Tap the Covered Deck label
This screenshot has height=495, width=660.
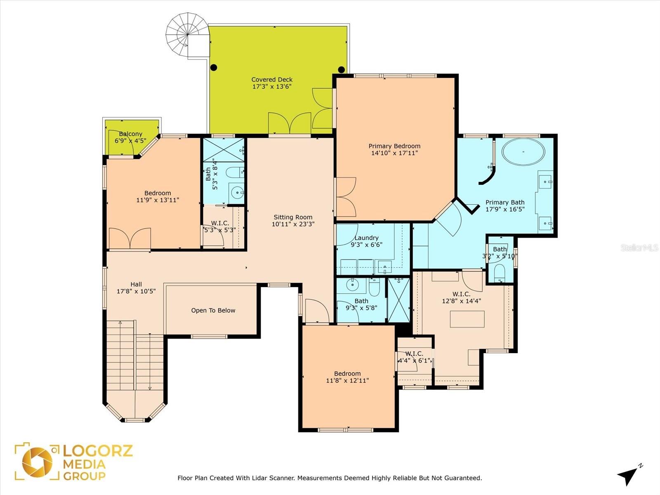point(272,80)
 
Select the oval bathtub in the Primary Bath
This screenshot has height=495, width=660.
point(523,152)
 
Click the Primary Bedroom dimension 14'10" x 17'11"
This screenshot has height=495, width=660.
point(394,153)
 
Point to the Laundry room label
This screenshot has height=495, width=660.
point(366,238)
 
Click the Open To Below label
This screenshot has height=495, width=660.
point(213,311)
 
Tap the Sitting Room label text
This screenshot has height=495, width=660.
point(293,217)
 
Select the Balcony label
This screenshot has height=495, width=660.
point(130,134)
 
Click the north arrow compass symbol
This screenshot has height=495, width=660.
point(628,476)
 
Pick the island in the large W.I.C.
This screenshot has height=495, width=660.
point(467,319)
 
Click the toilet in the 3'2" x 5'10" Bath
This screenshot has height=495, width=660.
point(499,273)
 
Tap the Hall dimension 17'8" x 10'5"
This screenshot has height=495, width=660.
point(136,291)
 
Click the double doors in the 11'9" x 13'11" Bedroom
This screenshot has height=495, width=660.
point(130,238)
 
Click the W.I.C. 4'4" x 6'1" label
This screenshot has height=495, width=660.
point(414,357)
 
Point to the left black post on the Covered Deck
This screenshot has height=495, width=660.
point(214,67)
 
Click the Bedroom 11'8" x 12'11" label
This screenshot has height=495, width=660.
point(347,377)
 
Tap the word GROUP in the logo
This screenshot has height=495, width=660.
point(84,476)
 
